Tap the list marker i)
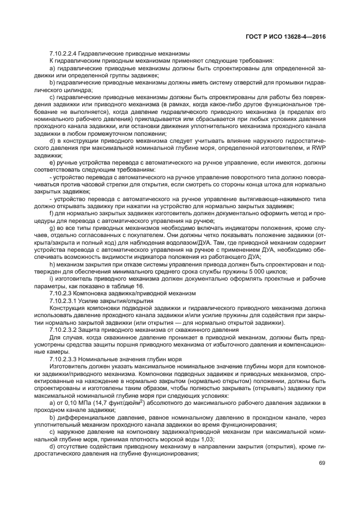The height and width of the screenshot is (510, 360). [52, 278]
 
